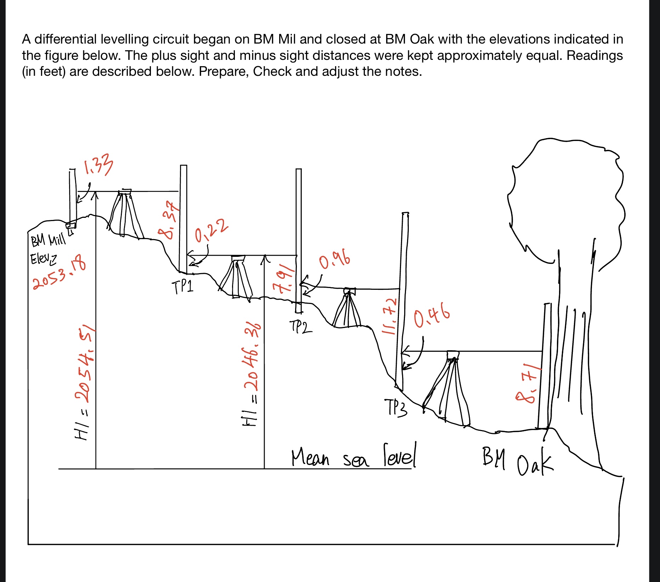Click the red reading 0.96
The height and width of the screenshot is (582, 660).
(334, 261)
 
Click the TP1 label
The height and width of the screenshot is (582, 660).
(183, 287)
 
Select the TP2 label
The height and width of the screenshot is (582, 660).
(300, 327)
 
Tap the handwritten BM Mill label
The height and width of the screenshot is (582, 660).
(49, 240)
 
